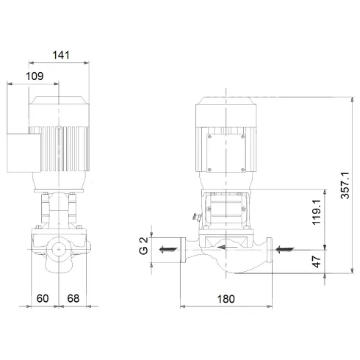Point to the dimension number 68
pyautogui.click(x=73, y=298)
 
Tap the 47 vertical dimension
pyautogui.click(x=317, y=261)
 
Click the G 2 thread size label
pyautogui.click(x=145, y=245)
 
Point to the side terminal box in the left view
pyautogui.click(x=20, y=155)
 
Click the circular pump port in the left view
pyautogui.click(x=59, y=251)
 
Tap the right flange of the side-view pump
pyautogui.click(x=270, y=251)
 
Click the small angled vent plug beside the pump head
pyautogui.click(x=194, y=217)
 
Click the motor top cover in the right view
pyautogui.click(x=223, y=105)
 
